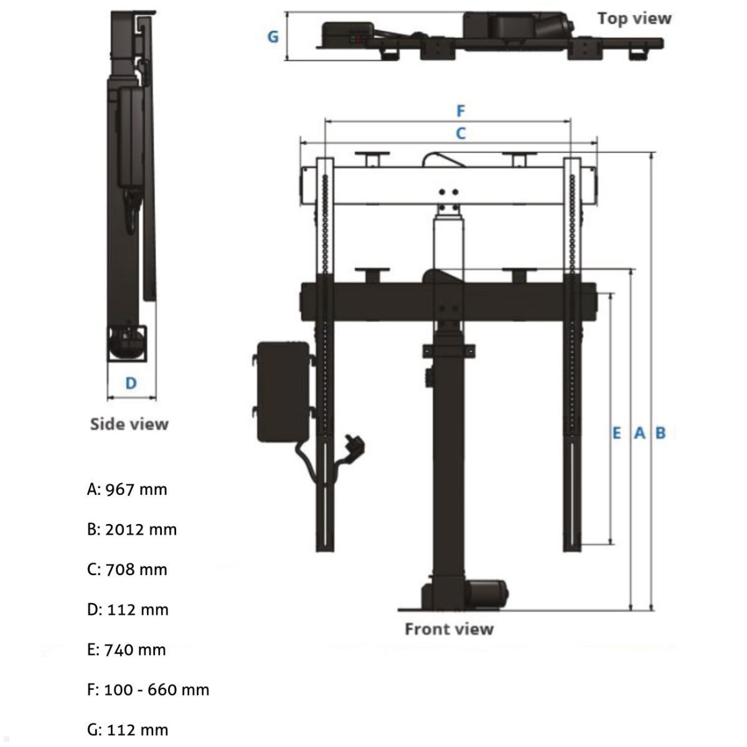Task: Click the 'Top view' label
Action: pyautogui.click(x=634, y=19)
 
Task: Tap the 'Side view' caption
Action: pyautogui.click(x=129, y=424)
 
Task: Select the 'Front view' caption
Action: pyautogui.click(x=449, y=629)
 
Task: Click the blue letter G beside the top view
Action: pyautogui.click(x=273, y=37)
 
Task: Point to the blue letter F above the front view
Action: pyautogui.click(x=461, y=111)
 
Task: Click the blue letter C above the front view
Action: pyautogui.click(x=461, y=133)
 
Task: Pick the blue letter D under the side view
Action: pyautogui.click(x=131, y=383)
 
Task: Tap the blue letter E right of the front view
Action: pyautogui.click(x=616, y=433)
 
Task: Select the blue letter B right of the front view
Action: pyautogui.click(x=660, y=433)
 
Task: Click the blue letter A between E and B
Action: pyautogui.click(x=639, y=433)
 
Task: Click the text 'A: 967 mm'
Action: pyautogui.click(x=127, y=489)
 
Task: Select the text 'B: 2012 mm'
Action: pyautogui.click(x=132, y=529)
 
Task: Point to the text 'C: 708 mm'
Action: pyautogui.click(x=127, y=570)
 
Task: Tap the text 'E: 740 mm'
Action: pyautogui.click(x=126, y=650)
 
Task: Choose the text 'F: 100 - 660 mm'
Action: pyautogui.click(x=148, y=690)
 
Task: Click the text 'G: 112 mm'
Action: pyautogui.click(x=128, y=730)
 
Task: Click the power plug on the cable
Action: pyautogui.click(x=356, y=446)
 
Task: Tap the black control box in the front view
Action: pyautogui.click(x=283, y=391)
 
